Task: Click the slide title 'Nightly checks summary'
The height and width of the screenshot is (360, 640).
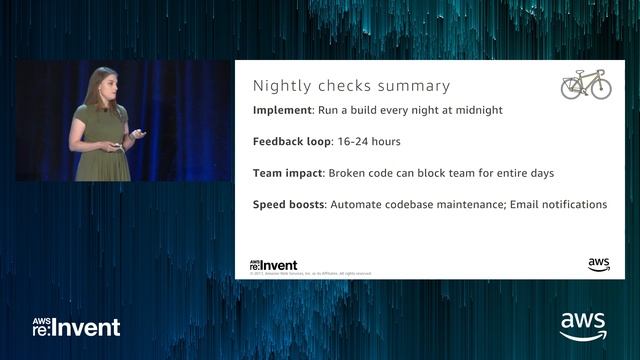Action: tap(351, 86)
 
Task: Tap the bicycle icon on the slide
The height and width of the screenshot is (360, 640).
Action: tap(586, 84)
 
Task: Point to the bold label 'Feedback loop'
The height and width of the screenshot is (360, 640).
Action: tap(293, 142)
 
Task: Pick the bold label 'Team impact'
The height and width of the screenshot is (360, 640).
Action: tap(288, 173)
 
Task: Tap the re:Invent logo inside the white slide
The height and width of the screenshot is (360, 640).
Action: tap(273, 265)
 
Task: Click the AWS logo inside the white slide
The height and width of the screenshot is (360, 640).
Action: tap(599, 265)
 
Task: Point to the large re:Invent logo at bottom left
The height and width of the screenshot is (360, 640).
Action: tap(76, 327)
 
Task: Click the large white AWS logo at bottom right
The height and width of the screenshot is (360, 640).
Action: tap(582, 326)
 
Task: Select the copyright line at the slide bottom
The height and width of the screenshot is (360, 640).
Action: tap(310, 273)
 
